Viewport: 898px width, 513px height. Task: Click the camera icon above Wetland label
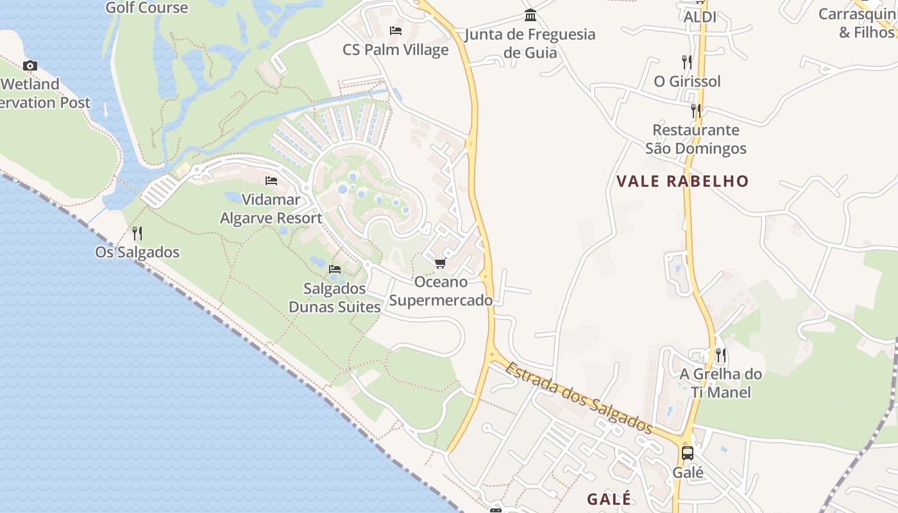pyautogui.click(x=30, y=65)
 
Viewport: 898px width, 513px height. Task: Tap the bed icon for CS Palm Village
pyautogui.click(x=396, y=31)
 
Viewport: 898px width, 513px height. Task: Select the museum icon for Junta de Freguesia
pyautogui.click(x=530, y=15)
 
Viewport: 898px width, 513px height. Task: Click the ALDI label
pyautogui.click(x=700, y=17)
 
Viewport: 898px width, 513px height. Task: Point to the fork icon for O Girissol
pyautogui.click(x=687, y=62)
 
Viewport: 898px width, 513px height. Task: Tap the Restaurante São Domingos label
pyautogui.click(x=696, y=139)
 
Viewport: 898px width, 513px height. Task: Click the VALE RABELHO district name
pyautogui.click(x=682, y=181)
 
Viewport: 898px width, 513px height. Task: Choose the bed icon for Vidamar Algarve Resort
pyautogui.click(x=271, y=181)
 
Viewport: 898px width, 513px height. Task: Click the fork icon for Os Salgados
pyautogui.click(x=137, y=233)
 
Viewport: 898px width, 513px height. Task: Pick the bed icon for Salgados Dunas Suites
pyautogui.click(x=335, y=269)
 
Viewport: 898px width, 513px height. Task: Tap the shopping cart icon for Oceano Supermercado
pyautogui.click(x=440, y=264)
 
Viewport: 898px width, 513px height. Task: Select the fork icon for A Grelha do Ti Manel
pyautogui.click(x=721, y=355)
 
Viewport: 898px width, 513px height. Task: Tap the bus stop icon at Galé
pyautogui.click(x=688, y=453)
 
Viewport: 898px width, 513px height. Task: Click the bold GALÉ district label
pyautogui.click(x=609, y=499)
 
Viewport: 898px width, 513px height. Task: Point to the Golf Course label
pyautogui.click(x=147, y=8)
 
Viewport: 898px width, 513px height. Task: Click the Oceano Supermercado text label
pyautogui.click(x=441, y=291)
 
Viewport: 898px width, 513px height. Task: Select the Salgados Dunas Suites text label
pyautogui.click(x=335, y=298)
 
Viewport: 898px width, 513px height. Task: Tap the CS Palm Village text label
pyautogui.click(x=396, y=50)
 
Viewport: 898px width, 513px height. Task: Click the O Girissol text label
pyautogui.click(x=687, y=81)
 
